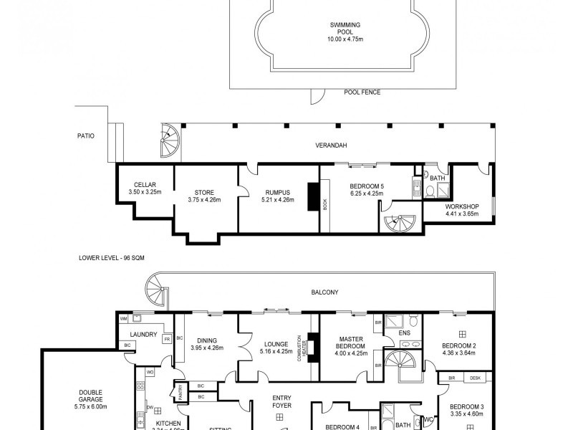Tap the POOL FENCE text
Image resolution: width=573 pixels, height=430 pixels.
pyautogui.click(x=362, y=92)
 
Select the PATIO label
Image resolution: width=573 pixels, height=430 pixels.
pyautogui.click(x=87, y=135)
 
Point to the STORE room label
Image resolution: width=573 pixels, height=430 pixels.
pyautogui.click(x=204, y=192)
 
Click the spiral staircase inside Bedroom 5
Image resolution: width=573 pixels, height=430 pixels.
pyautogui.click(x=395, y=224)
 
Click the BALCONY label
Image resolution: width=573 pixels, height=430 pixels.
pyautogui.click(x=324, y=292)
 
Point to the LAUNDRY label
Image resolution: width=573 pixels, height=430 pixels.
pyautogui.click(x=143, y=335)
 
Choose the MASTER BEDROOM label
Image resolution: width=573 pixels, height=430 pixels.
pyautogui.click(x=351, y=345)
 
